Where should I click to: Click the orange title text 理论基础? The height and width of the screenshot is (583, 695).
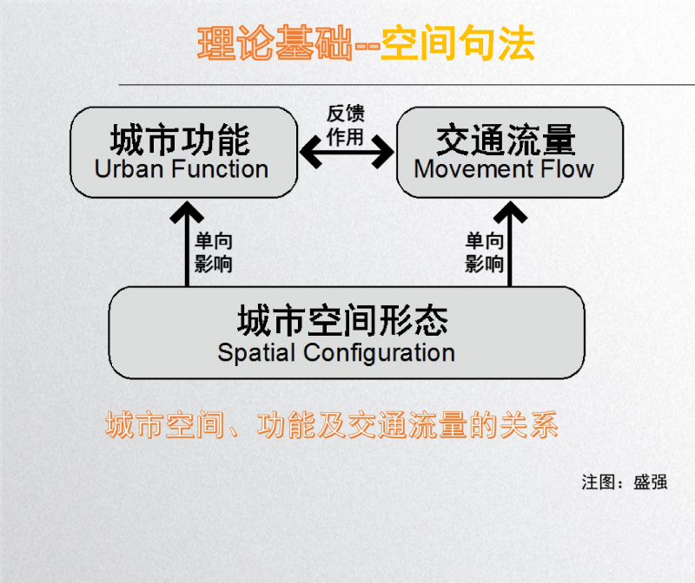[275, 43]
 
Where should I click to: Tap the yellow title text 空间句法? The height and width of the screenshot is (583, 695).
[458, 43]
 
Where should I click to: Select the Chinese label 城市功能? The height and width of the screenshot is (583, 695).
[181, 140]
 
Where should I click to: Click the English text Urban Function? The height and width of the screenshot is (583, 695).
[182, 169]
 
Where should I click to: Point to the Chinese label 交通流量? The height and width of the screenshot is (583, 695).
[506, 140]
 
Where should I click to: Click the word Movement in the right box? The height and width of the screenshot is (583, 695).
[473, 169]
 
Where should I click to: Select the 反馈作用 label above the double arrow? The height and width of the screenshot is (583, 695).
[346, 125]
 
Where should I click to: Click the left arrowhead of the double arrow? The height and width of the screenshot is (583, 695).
[310, 152]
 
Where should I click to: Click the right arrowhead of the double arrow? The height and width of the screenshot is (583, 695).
[383, 152]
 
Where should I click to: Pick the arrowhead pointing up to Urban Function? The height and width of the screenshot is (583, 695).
[187, 212]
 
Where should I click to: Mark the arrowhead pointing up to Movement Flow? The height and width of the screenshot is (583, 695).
[510, 212]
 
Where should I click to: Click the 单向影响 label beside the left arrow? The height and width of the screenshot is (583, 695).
[214, 252]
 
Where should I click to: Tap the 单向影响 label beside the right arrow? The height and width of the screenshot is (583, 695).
[484, 252]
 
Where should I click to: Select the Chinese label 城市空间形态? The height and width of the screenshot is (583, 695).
[342, 320]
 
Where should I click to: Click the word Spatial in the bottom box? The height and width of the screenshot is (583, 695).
[256, 353]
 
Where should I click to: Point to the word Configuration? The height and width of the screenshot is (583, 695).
[379, 353]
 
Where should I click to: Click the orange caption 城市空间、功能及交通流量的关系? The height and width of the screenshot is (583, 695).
[332, 425]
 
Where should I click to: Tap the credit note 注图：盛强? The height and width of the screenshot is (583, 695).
[625, 482]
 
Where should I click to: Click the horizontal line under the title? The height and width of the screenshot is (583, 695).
[407, 84]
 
